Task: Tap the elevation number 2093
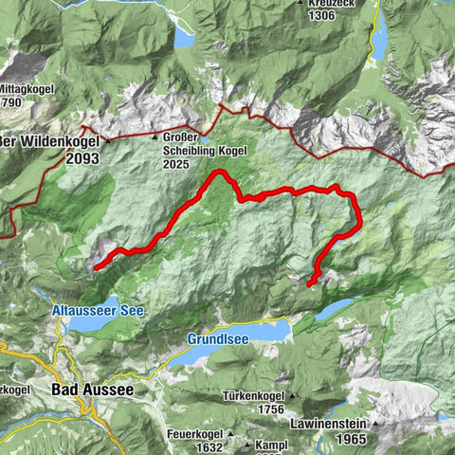(x=83, y=160)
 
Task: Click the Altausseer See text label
(x=99, y=310)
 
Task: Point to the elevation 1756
(x=269, y=409)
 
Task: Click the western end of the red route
(x=97, y=267)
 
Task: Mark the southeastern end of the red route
(x=311, y=282)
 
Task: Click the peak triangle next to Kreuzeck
(x=301, y=3)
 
